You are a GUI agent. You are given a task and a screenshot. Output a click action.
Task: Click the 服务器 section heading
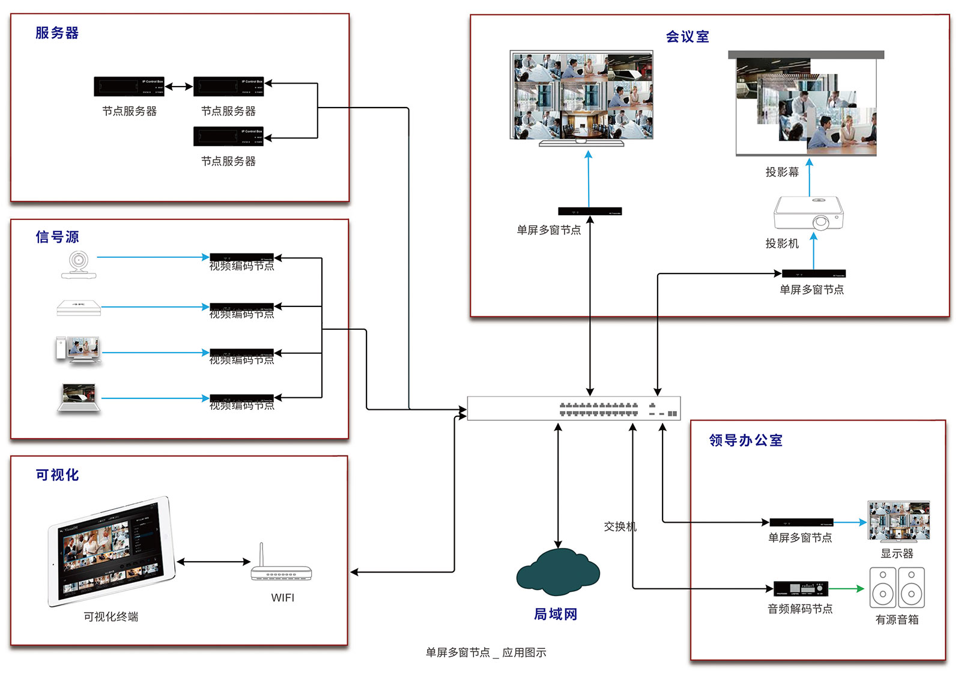[x=57, y=33]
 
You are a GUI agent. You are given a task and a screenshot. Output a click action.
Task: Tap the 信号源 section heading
[x=57, y=237]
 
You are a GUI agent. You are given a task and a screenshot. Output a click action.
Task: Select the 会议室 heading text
[x=687, y=37]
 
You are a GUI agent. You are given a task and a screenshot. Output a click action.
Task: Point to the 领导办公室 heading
[x=745, y=440]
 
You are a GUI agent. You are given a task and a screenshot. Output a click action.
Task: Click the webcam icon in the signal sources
[x=78, y=264]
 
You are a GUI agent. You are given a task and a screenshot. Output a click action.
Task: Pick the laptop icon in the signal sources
[x=79, y=398]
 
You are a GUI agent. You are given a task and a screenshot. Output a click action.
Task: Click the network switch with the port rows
[x=574, y=409]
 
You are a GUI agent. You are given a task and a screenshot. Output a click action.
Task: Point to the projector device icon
[x=808, y=213]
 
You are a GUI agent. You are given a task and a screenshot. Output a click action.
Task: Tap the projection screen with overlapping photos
[x=806, y=106]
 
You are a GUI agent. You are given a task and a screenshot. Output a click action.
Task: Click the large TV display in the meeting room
[x=581, y=96]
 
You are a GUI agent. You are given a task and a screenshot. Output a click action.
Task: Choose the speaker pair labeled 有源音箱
[x=897, y=588]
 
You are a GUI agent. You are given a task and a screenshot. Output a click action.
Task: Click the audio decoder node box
[x=800, y=589]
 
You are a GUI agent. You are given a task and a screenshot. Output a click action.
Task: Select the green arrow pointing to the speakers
[x=847, y=589]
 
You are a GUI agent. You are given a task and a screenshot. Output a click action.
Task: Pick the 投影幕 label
[x=782, y=172]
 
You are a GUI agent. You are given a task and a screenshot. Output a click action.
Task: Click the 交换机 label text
[x=620, y=526]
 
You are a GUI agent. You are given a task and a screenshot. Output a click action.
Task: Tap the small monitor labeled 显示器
[x=899, y=521]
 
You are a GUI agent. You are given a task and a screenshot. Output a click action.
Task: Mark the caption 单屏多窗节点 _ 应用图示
[x=486, y=653]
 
